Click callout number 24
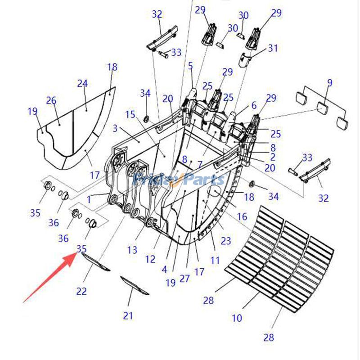point(82,84)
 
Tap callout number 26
point(51,100)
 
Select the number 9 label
point(330,82)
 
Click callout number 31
point(273,48)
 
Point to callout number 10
point(237,318)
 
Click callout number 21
point(128,316)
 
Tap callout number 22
point(81,292)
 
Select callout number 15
point(130,115)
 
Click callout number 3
point(115,129)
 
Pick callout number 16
point(242,217)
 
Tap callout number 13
point(132,250)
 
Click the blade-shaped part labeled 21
point(134,285)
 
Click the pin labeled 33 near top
point(162,54)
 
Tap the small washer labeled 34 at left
point(146,118)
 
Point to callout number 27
point(185,278)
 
